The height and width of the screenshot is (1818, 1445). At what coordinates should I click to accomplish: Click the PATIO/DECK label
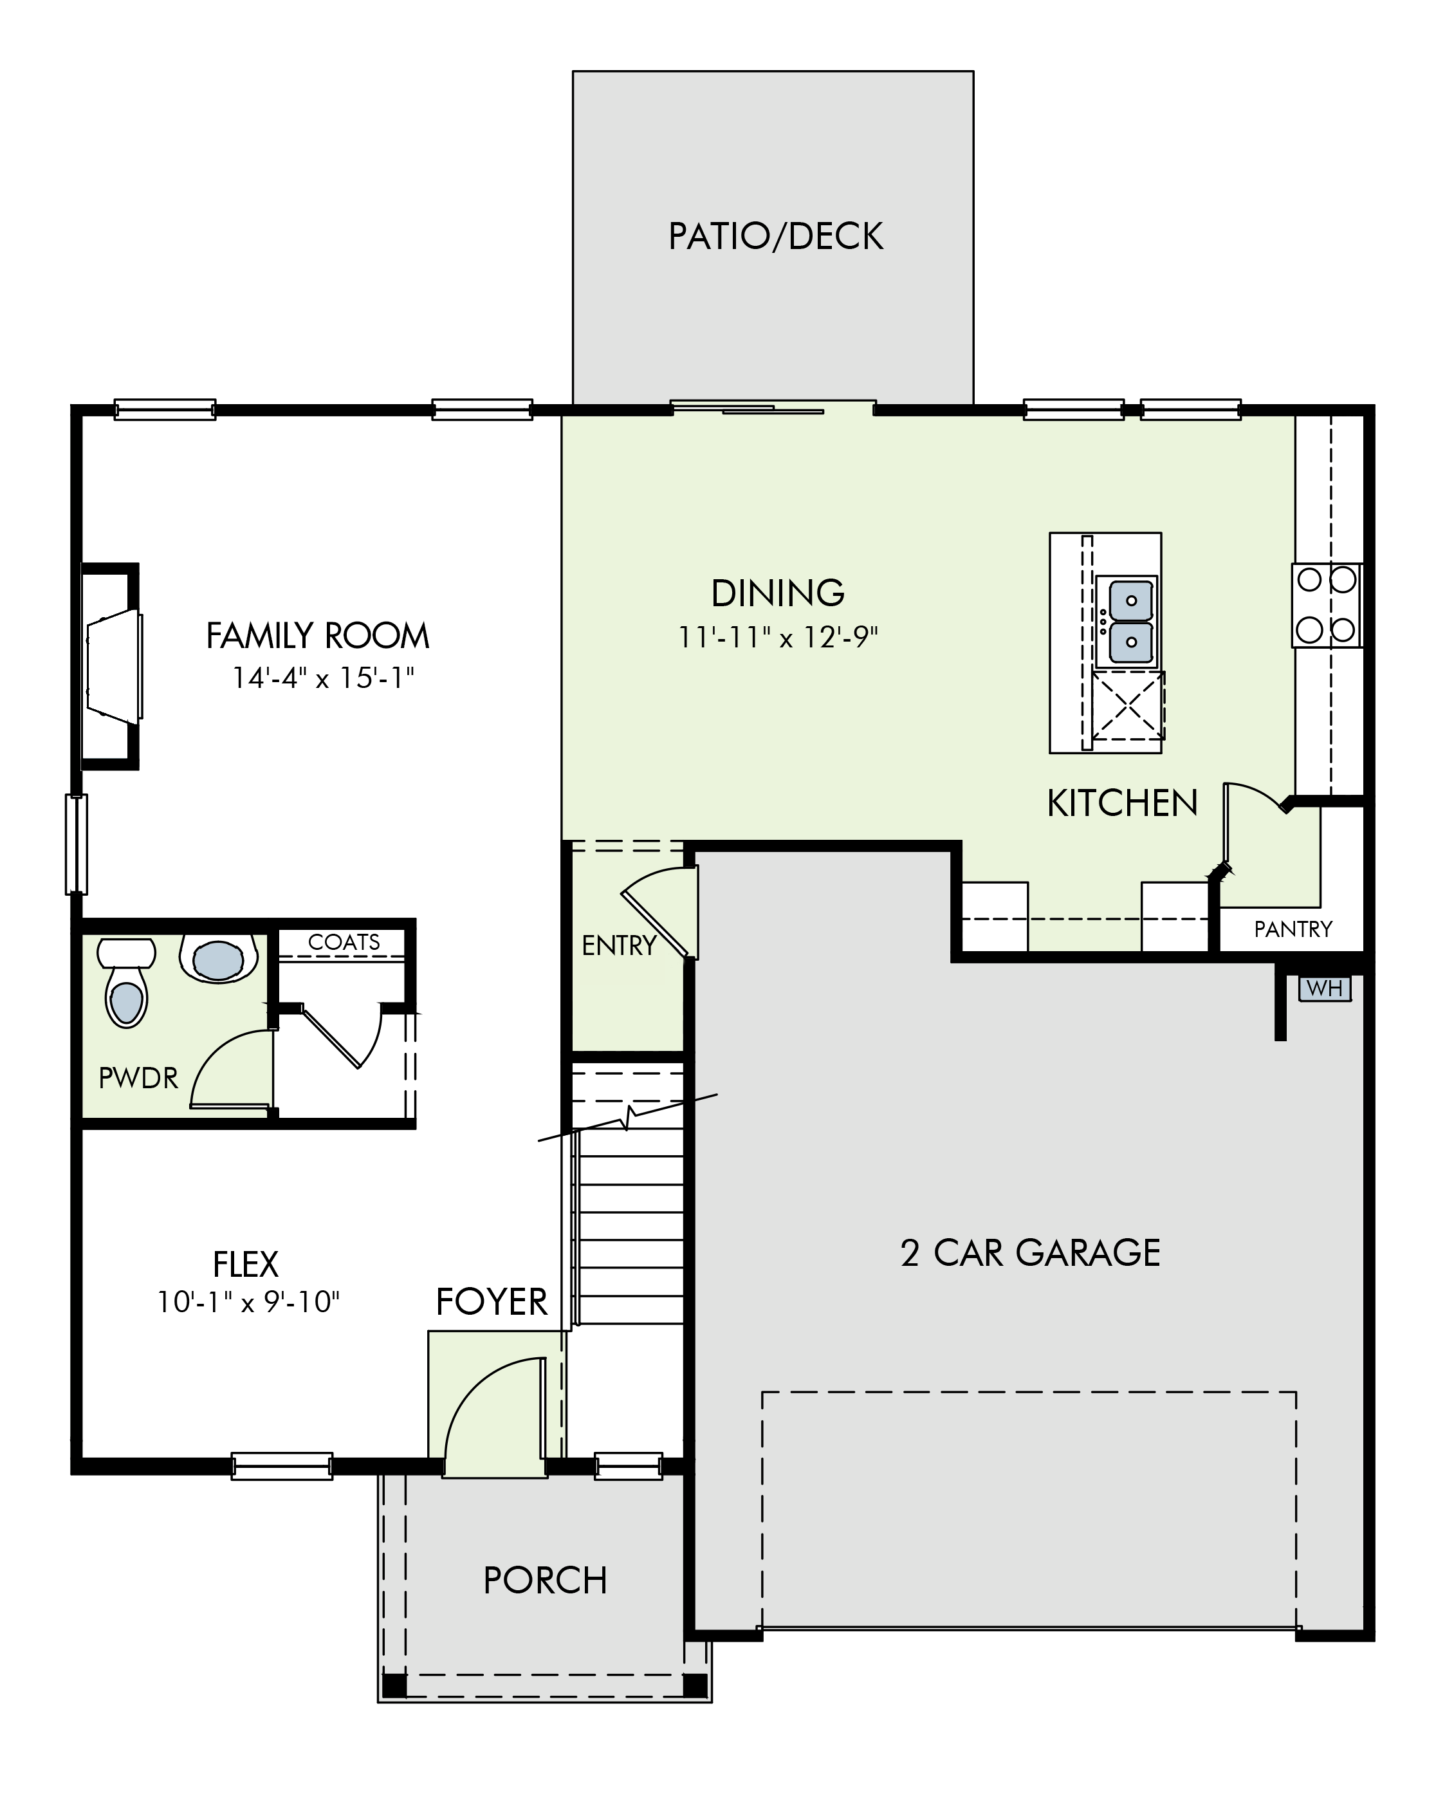point(776,236)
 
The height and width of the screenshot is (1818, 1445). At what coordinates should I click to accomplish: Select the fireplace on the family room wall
point(111,666)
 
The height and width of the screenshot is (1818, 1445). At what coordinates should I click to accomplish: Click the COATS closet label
point(344,942)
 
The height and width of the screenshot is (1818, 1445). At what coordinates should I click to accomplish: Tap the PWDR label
point(138,1078)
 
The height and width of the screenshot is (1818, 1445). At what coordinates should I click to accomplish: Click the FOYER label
point(492,1302)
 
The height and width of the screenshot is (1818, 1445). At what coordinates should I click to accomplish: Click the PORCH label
point(546,1580)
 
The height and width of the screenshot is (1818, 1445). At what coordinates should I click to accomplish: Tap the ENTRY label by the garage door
point(619,946)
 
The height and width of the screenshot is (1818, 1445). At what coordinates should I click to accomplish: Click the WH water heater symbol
point(1325,987)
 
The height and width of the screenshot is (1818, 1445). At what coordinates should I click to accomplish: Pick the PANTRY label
point(1293,929)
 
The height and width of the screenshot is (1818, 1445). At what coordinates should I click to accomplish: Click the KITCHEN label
point(1122,804)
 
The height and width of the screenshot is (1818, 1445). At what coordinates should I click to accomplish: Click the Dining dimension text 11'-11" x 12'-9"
point(778,638)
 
